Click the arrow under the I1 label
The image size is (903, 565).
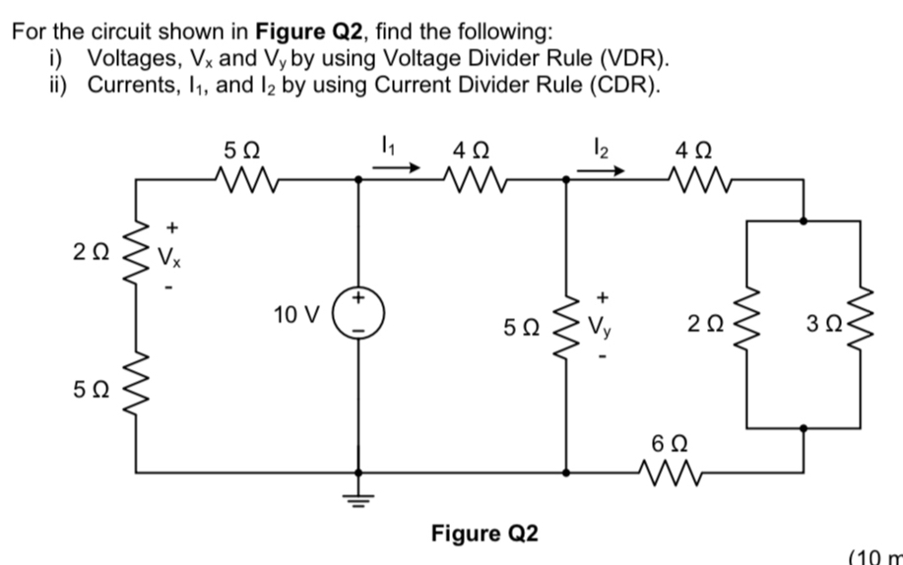397,168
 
